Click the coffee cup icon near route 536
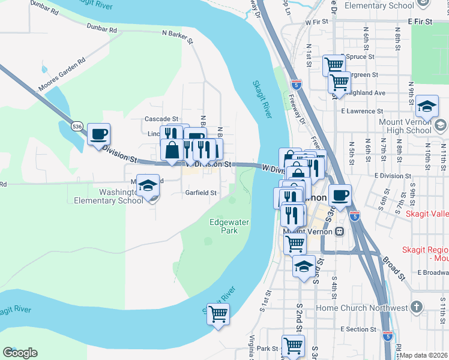pos(98,133)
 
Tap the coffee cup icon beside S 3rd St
pos(340,195)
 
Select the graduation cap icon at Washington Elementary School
pos(148,186)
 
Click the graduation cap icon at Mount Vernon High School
pos(427,106)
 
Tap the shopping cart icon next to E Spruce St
pos(334,64)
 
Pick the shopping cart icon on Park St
pos(293,346)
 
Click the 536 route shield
pos(76,127)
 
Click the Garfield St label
pos(200,193)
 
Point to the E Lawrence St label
pos(362,111)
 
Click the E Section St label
pos(358,329)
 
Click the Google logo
pos(20,353)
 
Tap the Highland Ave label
pos(368,93)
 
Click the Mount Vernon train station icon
pos(340,231)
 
